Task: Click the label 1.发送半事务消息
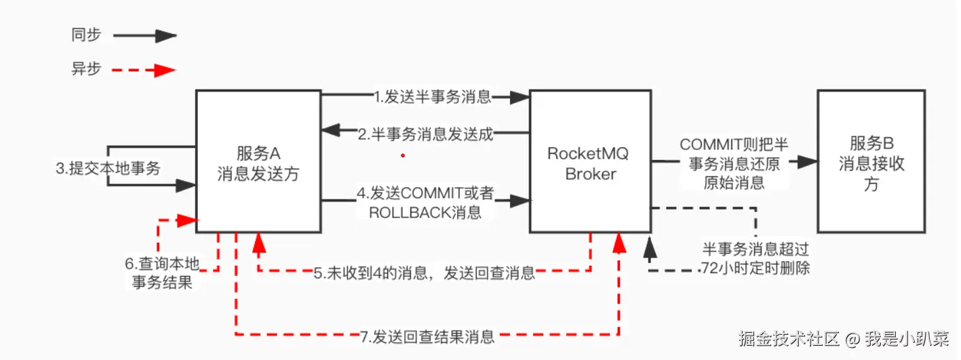click(x=432, y=97)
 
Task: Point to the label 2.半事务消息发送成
click(x=425, y=134)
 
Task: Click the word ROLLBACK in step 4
click(x=406, y=212)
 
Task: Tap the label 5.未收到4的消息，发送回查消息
click(x=424, y=273)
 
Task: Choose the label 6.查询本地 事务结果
click(x=160, y=273)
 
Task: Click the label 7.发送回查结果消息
click(x=427, y=336)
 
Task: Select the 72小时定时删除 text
click(x=756, y=268)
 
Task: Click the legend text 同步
click(x=85, y=35)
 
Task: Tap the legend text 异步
click(x=85, y=68)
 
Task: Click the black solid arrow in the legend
click(x=144, y=36)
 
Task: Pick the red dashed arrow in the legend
click(x=144, y=69)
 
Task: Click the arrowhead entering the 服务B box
click(x=807, y=162)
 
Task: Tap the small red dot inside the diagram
click(x=403, y=155)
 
